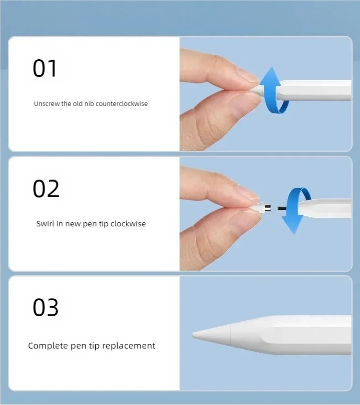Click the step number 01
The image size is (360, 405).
click(45, 68)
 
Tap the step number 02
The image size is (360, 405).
click(46, 189)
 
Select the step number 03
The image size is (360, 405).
click(46, 308)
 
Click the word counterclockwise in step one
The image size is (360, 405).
click(122, 104)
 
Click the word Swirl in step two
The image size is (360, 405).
click(46, 224)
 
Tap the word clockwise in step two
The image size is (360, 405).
click(128, 224)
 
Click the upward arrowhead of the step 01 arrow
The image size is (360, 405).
click(271, 76)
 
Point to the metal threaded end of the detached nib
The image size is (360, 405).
click(267, 207)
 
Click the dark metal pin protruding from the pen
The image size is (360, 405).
click(282, 208)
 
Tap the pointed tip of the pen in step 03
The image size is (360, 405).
click(193, 335)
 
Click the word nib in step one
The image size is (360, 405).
click(89, 104)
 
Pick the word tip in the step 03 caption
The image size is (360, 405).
click(94, 346)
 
